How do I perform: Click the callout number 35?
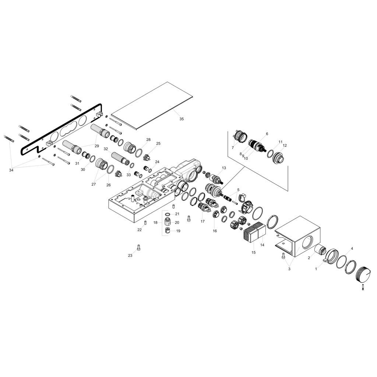coord(182,119)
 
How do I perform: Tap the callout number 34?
coord(11,170)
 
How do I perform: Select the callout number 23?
coord(130,256)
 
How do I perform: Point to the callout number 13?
coord(224,168)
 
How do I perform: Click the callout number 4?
coord(352,249)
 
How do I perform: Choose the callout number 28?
coord(148,140)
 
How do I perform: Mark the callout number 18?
coord(155,223)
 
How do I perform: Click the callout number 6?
coord(267,134)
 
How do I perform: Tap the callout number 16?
coord(215,231)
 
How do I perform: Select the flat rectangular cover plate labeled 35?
coord(153,106)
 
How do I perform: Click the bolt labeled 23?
coord(138,247)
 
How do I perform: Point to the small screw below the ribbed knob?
coord(363,286)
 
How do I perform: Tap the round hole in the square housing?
coord(307,242)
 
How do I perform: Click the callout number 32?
coord(106,149)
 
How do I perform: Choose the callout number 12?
coord(285,145)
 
